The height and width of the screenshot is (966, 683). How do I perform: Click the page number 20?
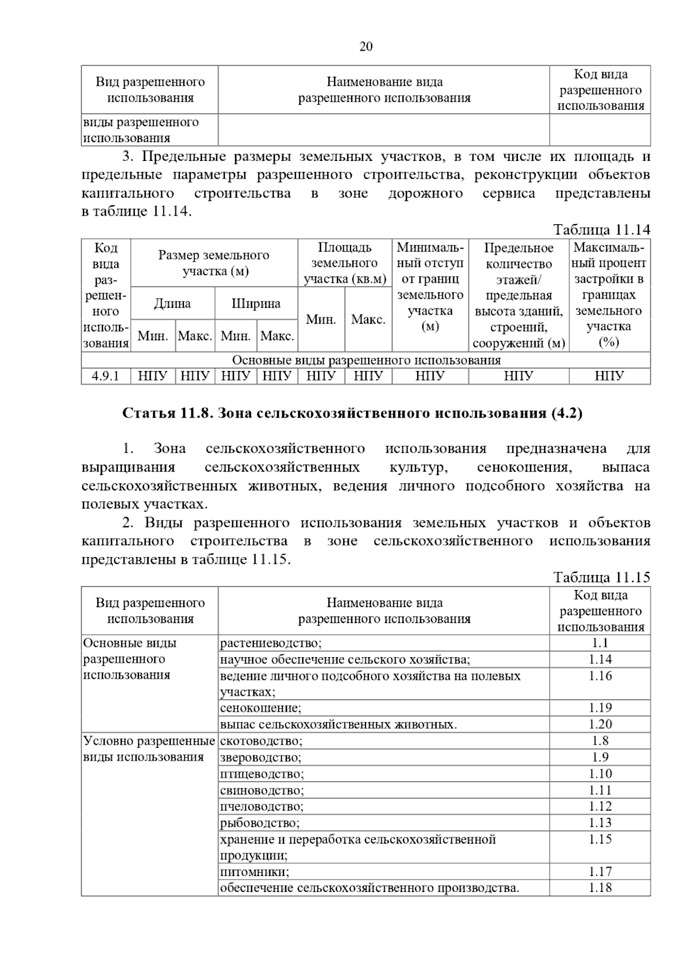coord(365,47)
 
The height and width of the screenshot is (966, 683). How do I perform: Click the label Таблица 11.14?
coord(602,230)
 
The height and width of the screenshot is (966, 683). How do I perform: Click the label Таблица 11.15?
coord(602,577)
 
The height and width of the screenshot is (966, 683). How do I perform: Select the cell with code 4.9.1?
coord(106,376)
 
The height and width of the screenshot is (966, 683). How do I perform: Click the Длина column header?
coord(172,303)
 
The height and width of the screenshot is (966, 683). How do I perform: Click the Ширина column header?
coord(256,303)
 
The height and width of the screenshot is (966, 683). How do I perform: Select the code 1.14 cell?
coord(600,659)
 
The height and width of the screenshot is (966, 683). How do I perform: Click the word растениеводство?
coord(270,643)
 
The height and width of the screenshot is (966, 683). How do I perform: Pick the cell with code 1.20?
coord(600,724)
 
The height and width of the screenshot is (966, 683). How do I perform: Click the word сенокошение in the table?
coord(260,708)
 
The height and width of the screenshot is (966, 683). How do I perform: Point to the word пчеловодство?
coord(261,807)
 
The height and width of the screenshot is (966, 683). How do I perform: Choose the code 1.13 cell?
coord(600,823)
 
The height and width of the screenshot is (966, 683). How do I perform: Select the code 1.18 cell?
coord(600,888)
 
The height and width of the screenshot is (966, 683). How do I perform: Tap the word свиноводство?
coord(262,791)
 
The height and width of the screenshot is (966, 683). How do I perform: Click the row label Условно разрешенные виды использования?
coord(149,749)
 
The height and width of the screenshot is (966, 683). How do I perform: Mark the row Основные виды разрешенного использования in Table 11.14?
coord(366,360)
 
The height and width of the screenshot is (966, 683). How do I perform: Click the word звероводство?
coord(260,758)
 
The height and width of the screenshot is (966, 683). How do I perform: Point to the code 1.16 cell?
coord(600,676)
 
